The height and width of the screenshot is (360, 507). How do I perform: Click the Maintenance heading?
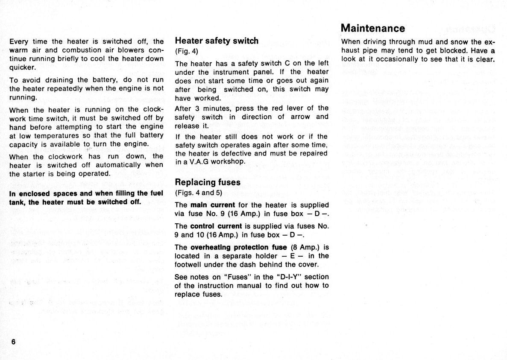coord(373,28)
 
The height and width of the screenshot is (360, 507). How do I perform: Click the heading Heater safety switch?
coord(217,41)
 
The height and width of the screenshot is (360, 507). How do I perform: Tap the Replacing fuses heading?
coord(208,182)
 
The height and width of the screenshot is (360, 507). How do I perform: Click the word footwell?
coord(188,264)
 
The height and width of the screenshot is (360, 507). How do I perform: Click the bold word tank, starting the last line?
coord(17,202)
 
